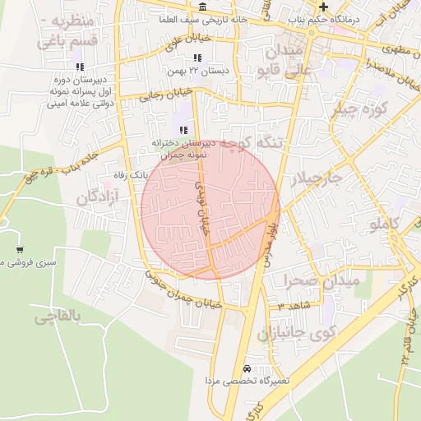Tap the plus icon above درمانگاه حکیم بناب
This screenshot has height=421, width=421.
pyautogui.click(x=324, y=7)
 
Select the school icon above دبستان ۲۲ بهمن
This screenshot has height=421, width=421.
pyautogui.click(x=197, y=58)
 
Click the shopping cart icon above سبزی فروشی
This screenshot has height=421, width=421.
pyautogui.click(x=20, y=250)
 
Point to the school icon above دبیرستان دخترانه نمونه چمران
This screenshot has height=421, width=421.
pyautogui.click(x=183, y=130)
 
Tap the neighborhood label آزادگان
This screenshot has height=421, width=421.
pyautogui.click(x=98, y=197)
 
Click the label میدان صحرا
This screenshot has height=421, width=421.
pyautogui.click(x=322, y=280)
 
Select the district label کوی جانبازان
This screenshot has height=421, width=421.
pyautogui.click(x=297, y=334)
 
